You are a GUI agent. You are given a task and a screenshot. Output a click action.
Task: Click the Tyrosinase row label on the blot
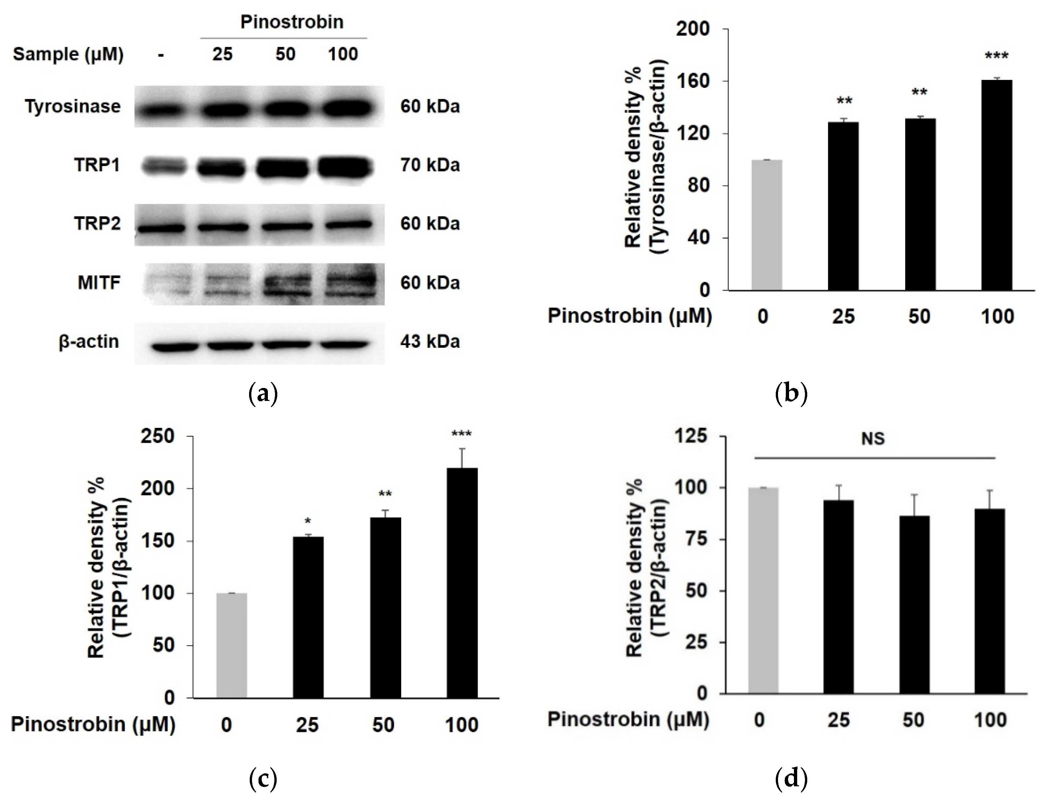tap(73, 106)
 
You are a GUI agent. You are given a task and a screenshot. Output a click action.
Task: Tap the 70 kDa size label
tap(430, 165)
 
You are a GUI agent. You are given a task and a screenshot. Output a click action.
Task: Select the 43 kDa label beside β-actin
tap(430, 342)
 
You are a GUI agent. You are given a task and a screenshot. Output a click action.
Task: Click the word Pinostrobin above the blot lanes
tap(292, 22)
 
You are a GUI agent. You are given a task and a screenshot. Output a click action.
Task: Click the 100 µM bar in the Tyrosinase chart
tap(997, 185)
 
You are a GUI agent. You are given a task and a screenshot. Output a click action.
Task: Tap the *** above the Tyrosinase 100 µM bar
tap(997, 56)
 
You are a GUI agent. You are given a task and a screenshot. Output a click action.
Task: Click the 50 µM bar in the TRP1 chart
tap(385, 607)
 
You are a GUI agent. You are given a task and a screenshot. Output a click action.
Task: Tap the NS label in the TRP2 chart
tap(873, 439)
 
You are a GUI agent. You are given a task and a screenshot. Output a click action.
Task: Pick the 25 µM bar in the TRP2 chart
tap(839, 597)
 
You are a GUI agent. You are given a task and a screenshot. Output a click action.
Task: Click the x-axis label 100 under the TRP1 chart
tap(462, 725)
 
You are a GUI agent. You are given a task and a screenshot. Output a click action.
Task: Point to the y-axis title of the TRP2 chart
tap(646, 567)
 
